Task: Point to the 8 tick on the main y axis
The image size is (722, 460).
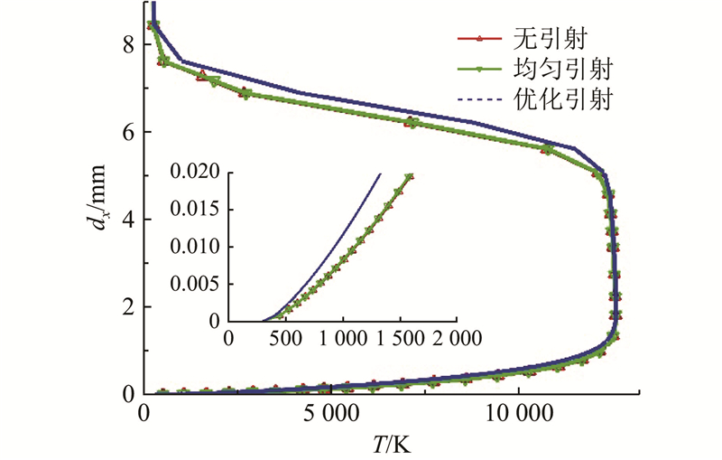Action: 129,43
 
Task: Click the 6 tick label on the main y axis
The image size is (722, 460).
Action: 129,131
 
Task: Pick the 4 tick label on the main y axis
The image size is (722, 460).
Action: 129,219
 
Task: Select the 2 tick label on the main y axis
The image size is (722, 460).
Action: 129,306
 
